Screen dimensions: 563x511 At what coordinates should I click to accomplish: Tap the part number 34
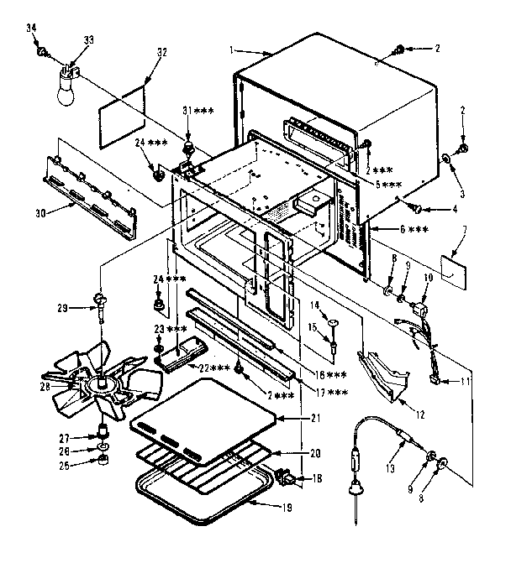(33, 29)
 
